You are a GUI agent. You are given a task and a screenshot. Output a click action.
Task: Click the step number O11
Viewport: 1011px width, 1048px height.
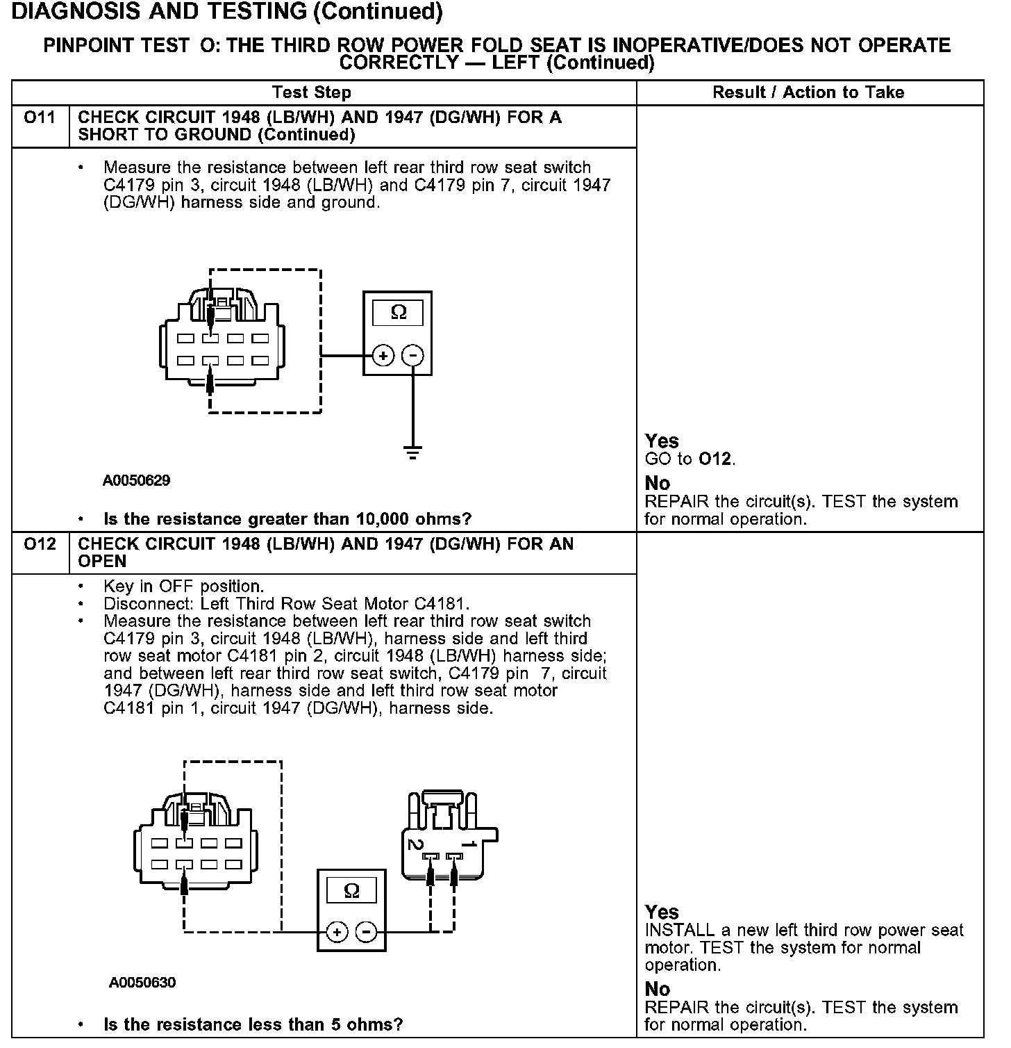coord(40,117)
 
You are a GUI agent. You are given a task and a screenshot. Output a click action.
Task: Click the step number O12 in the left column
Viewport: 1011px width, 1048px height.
coord(40,543)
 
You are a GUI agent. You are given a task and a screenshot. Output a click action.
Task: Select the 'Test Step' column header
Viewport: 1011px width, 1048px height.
coord(312,92)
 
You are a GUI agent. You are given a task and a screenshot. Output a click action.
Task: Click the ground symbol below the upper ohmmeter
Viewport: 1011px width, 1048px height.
coord(413,454)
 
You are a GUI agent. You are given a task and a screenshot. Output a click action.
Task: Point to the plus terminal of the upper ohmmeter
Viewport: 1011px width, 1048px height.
coord(383,356)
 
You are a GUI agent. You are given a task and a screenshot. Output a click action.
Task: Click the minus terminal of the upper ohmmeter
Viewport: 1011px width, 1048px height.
coord(413,356)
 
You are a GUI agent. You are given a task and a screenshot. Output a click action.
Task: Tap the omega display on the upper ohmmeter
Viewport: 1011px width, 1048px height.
coord(398,312)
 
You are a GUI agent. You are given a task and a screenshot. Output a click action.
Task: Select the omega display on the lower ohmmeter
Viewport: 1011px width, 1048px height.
coord(351,890)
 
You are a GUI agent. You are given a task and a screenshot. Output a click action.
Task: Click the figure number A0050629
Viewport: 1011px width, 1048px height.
coord(137,480)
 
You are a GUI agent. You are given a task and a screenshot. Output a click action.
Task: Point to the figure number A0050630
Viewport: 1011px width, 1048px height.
coord(142,983)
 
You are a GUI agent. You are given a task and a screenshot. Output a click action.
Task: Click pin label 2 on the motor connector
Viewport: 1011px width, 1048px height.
coord(415,845)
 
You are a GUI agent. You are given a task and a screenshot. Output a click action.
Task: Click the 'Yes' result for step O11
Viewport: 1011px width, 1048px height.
coord(661,441)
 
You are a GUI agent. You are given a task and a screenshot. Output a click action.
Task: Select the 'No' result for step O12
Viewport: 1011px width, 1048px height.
coord(657,989)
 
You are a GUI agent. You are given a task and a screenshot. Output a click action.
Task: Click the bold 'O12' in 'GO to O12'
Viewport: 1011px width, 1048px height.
coord(716,459)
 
